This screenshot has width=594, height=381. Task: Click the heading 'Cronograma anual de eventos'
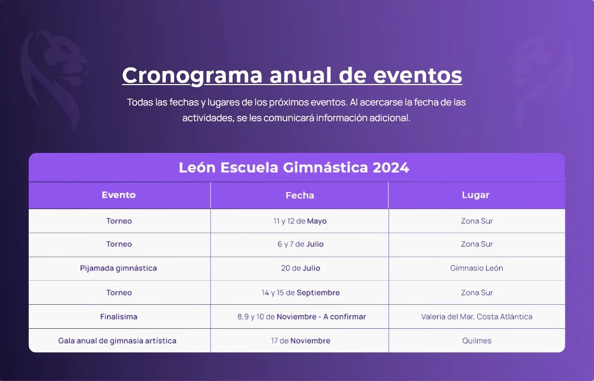click(x=292, y=75)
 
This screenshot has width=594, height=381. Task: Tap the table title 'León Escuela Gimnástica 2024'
click(x=294, y=168)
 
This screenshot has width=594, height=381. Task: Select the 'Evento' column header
click(x=119, y=195)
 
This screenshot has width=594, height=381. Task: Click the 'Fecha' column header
click(x=300, y=195)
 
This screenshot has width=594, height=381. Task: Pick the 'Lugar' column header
click(x=476, y=195)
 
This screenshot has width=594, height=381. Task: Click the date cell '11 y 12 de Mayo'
click(x=300, y=221)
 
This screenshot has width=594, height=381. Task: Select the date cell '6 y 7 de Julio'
click(x=300, y=244)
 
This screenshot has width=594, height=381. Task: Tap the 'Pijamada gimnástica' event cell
click(x=118, y=268)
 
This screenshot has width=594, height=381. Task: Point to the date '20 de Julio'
click(x=300, y=268)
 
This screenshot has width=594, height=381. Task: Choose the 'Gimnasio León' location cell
click(x=476, y=268)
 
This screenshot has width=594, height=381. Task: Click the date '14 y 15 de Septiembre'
click(x=300, y=293)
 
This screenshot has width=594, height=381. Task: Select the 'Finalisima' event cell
click(x=119, y=317)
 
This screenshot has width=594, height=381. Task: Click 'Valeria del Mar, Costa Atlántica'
click(x=476, y=317)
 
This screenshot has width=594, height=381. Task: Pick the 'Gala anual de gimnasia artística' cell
click(x=117, y=341)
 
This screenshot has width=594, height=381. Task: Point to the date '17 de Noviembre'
click(x=300, y=341)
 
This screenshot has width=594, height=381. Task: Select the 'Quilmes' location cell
click(x=476, y=341)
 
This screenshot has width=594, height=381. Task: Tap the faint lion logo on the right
click(x=540, y=76)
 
